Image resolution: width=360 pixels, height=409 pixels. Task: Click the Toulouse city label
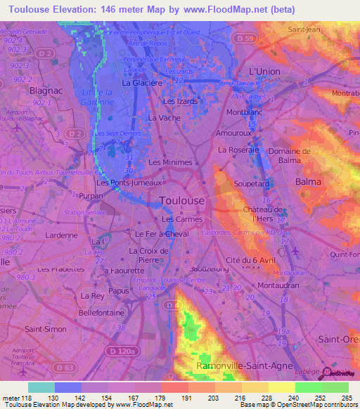tap(183, 200)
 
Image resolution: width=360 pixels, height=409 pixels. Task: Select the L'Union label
tap(264, 72)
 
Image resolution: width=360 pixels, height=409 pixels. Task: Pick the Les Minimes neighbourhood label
tap(170, 162)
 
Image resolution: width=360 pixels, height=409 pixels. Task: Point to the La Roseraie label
tap(239, 150)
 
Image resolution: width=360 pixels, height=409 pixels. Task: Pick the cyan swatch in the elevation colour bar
tap(41, 387)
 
